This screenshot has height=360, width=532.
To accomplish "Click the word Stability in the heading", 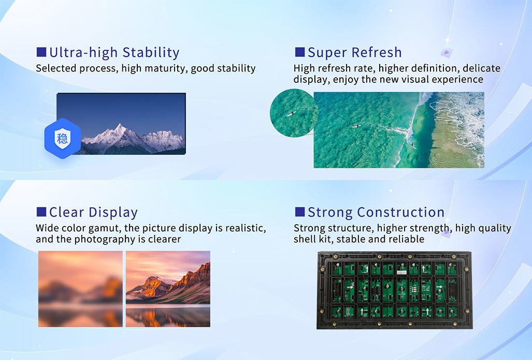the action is tap(151, 53).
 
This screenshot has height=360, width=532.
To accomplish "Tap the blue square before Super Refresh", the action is tap(299, 52).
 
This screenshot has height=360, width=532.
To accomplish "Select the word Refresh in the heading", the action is tap(377, 53).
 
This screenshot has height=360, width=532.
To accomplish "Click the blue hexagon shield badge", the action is tap(63, 138).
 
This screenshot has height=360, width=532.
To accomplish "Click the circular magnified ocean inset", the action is tap(294, 113).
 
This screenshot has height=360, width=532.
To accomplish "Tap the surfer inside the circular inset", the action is tap(291, 113).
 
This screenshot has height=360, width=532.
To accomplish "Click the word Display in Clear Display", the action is tap(113, 213).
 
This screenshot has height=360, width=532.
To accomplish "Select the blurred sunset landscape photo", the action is tap(80, 289).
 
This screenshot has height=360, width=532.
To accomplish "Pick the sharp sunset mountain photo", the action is tap(168, 289).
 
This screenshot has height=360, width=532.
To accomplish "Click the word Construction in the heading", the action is tap(400, 212).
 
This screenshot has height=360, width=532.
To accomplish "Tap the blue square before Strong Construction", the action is tap(299, 212).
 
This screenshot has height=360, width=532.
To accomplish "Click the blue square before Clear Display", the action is tap(41, 212).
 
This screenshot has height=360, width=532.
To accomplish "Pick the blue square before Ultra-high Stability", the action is tap(41, 52).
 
